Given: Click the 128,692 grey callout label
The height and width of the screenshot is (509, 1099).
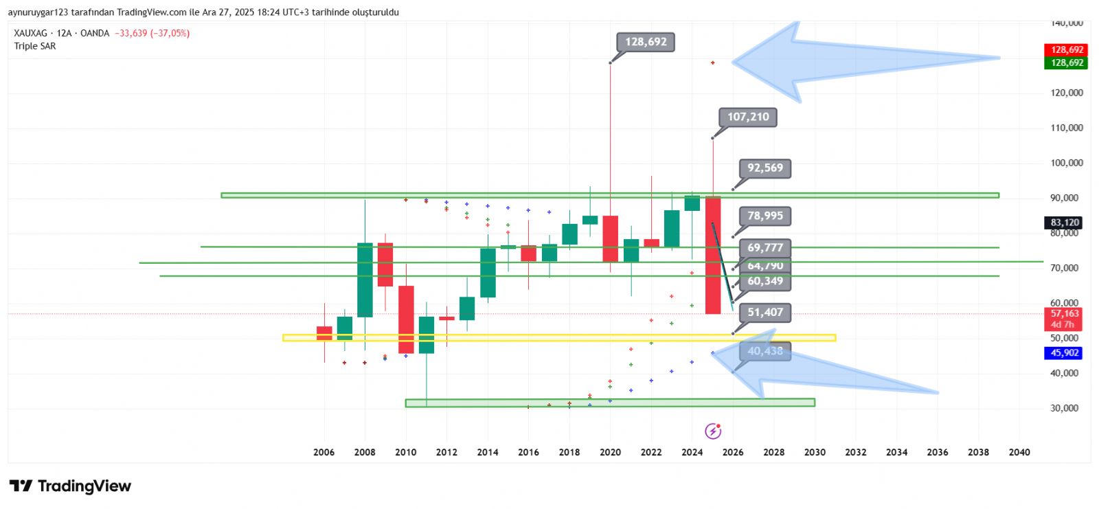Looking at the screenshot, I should (646, 42).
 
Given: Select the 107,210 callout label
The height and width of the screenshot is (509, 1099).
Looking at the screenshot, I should (748, 117).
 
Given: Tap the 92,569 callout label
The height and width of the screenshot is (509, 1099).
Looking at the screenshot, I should (764, 168).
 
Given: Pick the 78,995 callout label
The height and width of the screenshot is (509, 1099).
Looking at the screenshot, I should (764, 216).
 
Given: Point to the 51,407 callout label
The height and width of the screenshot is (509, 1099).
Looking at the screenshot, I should (764, 313).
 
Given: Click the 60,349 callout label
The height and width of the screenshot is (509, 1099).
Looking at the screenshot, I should (764, 281).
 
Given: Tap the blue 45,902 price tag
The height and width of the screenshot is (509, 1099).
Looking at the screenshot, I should (1064, 353).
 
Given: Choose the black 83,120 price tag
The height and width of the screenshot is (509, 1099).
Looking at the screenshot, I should (1064, 223).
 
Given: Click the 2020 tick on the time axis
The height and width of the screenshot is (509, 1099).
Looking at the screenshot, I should (610, 452).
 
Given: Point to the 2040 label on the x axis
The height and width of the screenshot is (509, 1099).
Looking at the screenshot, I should (1019, 452).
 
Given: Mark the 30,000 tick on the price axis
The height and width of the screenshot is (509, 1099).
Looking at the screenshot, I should (1064, 408).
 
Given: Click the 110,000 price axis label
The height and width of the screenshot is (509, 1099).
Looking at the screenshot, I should (1066, 128).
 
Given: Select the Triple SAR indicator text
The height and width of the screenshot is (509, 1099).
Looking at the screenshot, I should (35, 46).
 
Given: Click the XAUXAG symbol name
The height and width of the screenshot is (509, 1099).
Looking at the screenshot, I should (31, 33).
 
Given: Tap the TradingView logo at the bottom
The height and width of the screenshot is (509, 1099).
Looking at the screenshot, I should (70, 486).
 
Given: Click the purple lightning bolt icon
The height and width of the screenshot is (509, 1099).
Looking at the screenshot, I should (713, 431).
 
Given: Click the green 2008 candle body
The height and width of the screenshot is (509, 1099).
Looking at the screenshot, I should (365, 280).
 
